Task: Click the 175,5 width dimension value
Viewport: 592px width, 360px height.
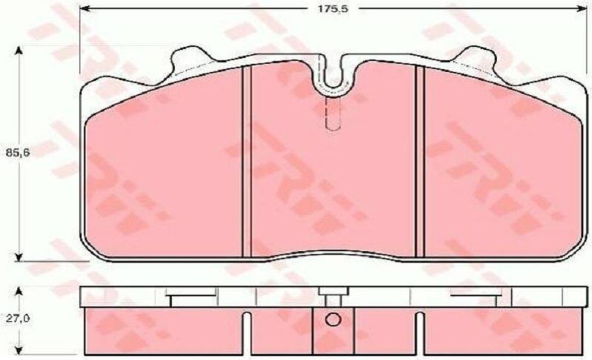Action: coord(332,9)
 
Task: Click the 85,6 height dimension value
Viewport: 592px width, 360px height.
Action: coord(17,153)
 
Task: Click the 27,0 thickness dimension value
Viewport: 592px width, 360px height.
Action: coord(17,319)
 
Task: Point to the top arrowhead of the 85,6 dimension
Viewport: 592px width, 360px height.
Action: coord(17,51)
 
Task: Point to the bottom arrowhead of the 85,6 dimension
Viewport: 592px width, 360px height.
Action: coord(17,256)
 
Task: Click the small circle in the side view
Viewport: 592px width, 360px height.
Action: coord(333,320)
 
